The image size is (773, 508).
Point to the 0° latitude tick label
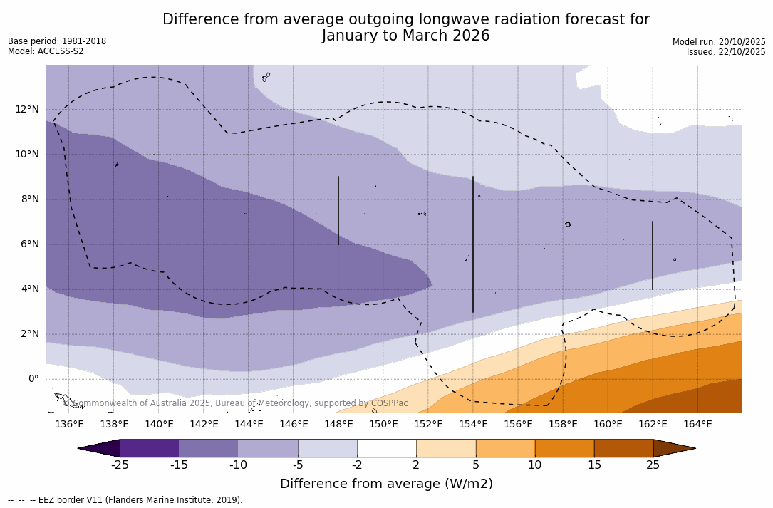coord(32,379)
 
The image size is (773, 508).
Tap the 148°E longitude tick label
coord(338,425)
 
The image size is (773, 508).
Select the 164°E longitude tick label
coord(697,425)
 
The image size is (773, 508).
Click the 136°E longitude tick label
coord(69,425)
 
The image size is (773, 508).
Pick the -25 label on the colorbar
coord(120,465)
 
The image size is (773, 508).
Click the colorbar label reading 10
coord(534,465)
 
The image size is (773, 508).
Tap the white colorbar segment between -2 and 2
coord(387,448)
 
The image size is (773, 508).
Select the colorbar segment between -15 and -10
coord(209,448)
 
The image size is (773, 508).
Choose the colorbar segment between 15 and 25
coord(623,448)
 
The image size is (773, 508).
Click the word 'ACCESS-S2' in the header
coord(60,51)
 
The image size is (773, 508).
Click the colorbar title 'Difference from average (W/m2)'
coord(386,484)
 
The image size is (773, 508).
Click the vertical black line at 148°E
coord(338,210)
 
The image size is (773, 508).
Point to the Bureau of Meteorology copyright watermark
coord(235,403)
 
